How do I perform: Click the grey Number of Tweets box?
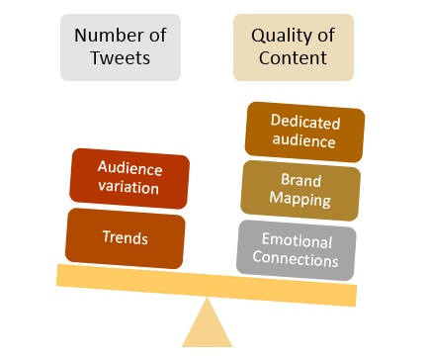[x=120, y=46]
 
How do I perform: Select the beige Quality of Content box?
[x=293, y=46]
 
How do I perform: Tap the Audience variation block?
[x=129, y=178]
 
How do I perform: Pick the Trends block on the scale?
[x=125, y=237]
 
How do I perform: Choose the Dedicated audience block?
[x=304, y=133]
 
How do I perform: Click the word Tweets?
[x=120, y=58]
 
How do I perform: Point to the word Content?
[x=292, y=58]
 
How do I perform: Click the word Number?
[x=110, y=36]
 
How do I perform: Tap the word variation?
[x=129, y=188]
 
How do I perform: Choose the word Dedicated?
[x=305, y=124]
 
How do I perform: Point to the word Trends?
[x=125, y=237]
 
